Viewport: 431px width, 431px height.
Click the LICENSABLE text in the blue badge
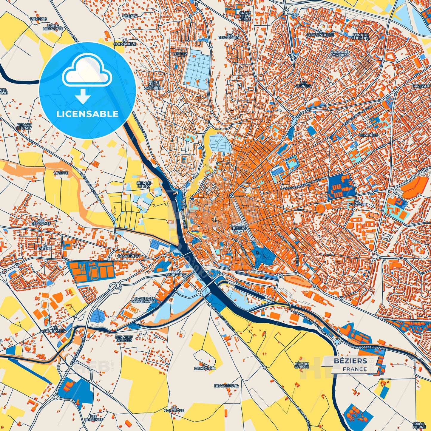point(87,114)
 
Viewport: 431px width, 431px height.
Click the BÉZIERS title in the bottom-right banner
point(350,361)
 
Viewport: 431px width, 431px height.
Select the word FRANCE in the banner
point(355,369)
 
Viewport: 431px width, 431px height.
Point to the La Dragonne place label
point(205,367)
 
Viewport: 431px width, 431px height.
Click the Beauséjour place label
point(226,386)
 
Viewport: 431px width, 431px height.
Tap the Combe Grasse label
point(302,365)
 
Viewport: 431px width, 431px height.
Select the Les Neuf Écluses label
point(124,338)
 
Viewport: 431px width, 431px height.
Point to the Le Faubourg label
point(176,273)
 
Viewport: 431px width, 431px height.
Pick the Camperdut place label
point(129,256)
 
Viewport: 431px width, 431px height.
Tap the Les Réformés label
point(41,222)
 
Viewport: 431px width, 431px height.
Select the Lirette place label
point(61,173)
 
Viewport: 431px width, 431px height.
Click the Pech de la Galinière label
point(154,85)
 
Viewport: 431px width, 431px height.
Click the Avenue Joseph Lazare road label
point(367,347)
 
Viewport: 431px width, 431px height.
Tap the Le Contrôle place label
point(174,409)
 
